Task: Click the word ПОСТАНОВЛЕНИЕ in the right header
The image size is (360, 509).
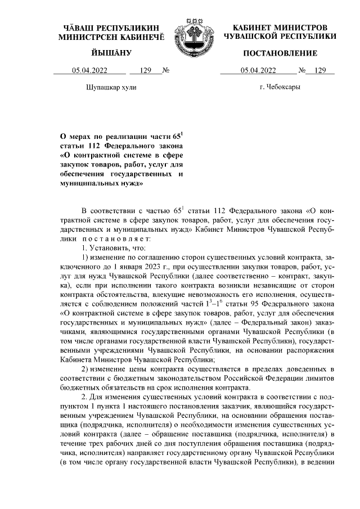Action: click(280, 53)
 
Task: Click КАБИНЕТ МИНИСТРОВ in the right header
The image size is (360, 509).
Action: click(280, 28)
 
